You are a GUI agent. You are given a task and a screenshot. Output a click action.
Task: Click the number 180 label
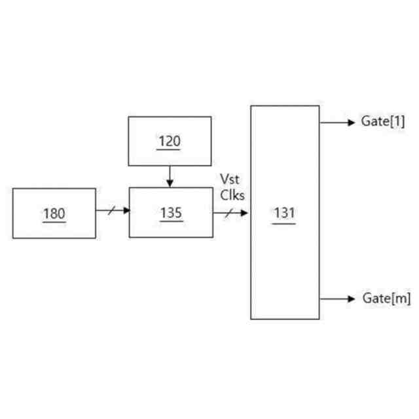54,213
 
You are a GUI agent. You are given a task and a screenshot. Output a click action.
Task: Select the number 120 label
170,141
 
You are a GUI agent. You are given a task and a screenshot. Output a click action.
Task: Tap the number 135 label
170,213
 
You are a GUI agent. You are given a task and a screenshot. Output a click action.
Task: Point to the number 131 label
285,213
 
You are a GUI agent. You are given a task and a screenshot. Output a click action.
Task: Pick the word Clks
232,194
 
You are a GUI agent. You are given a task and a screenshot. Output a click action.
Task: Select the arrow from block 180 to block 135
113,211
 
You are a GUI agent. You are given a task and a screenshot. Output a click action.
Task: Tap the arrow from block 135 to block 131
231,212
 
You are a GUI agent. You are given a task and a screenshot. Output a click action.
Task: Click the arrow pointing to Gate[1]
337,122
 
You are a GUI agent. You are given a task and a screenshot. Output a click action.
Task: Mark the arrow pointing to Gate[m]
337,299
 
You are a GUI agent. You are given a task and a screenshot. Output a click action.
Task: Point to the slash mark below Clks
228,212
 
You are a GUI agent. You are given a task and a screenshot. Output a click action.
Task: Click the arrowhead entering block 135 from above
170,184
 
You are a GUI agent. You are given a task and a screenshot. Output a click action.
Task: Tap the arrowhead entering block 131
246,212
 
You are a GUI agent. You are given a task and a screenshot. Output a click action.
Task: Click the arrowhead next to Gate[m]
352,299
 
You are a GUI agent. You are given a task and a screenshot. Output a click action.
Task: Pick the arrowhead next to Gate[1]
352,122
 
